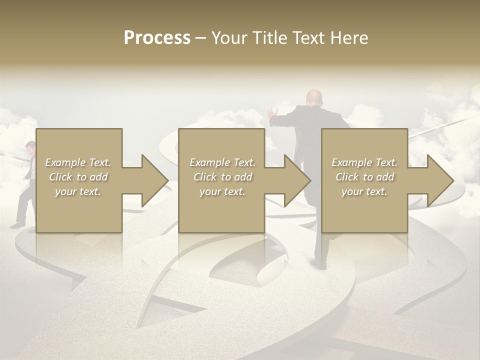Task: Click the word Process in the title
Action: pos(157,38)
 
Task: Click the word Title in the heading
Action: pos(268,38)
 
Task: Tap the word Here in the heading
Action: pos(349,38)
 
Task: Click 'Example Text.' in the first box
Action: pos(78,162)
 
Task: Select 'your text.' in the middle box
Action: pos(222,191)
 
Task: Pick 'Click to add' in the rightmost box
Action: pos(364,177)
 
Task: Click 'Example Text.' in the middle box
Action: pos(222,162)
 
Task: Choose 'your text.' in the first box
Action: pos(78,191)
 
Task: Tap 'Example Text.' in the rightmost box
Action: pos(364,162)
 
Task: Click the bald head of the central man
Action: pos(314,96)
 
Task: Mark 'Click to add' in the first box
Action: pos(78,177)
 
